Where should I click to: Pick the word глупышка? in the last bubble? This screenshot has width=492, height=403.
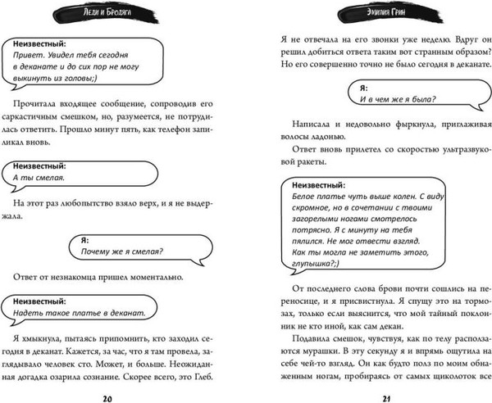click(316, 266)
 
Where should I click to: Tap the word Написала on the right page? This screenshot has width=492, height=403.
click(298, 132)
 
